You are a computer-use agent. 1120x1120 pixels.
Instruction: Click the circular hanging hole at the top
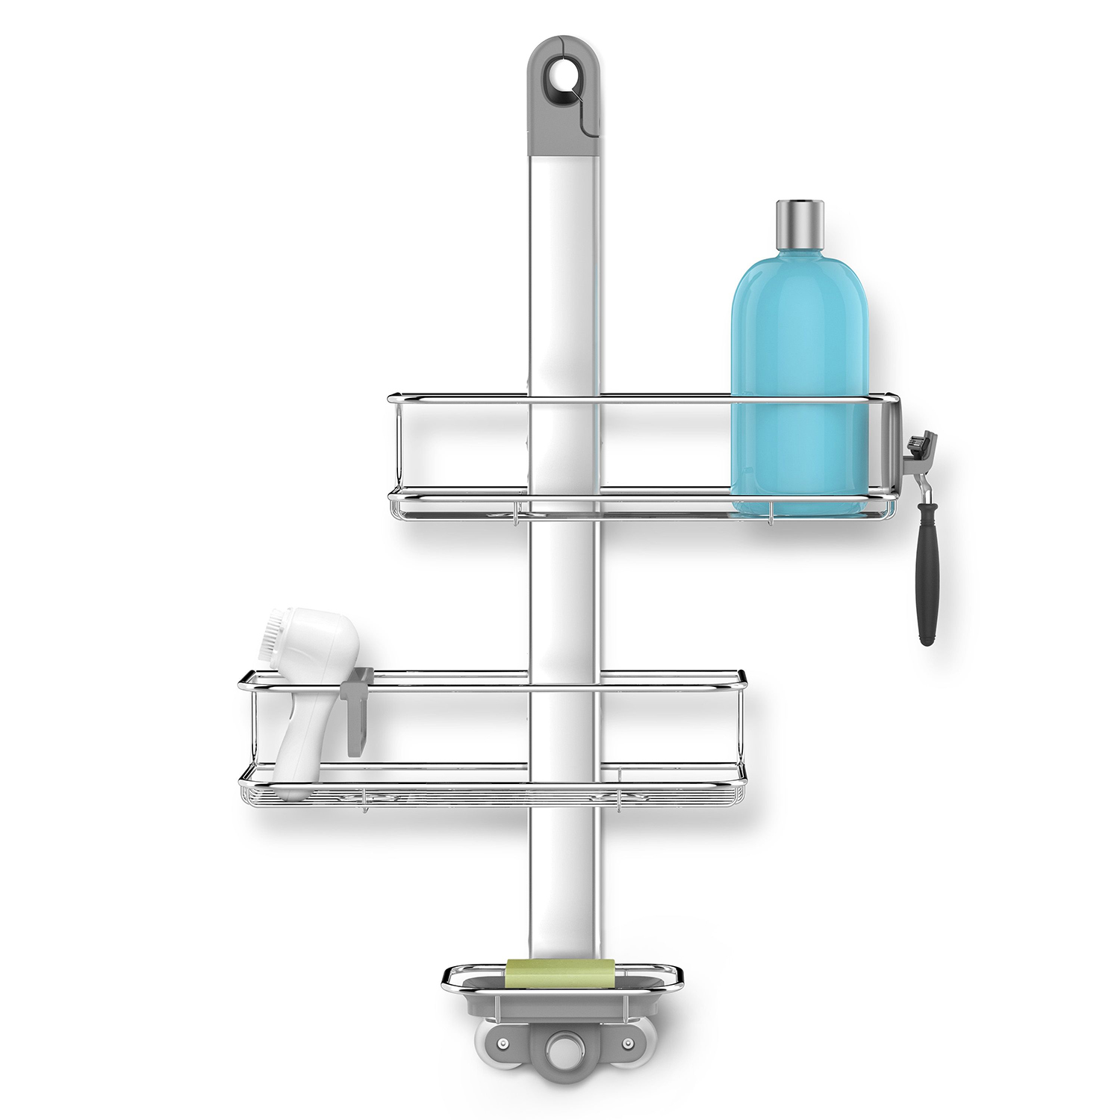click(559, 75)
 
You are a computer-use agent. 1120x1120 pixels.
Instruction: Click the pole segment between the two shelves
click(565, 597)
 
